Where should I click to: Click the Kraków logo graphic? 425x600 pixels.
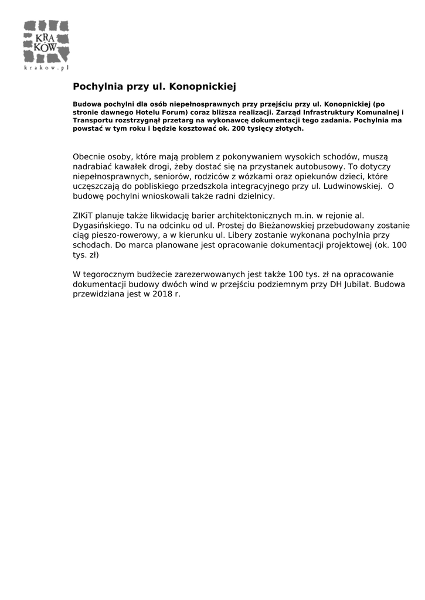[x=46, y=42]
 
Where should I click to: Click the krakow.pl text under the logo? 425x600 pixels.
[x=46, y=68]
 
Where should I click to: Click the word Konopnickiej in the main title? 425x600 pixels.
[x=202, y=87]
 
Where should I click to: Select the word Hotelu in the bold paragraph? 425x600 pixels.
[x=149, y=112]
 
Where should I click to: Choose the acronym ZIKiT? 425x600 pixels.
[x=84, y=216]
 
